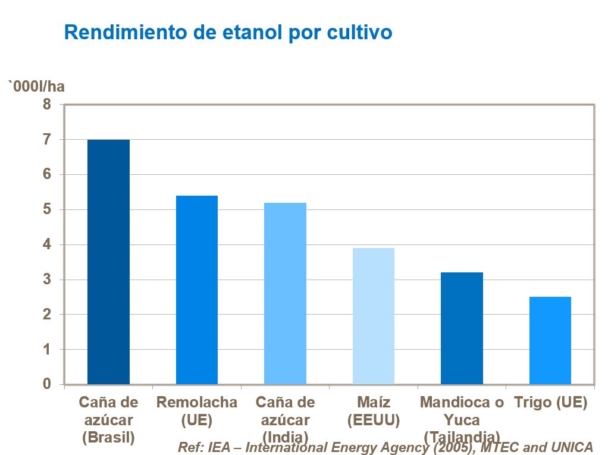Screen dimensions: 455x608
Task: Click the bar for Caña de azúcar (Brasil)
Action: point(108,262)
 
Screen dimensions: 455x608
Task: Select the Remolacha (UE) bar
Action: point(197,290)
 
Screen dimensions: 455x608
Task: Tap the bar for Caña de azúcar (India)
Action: point(285,293)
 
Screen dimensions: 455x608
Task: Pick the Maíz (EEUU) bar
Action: point(374,316)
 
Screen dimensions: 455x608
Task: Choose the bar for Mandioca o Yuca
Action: point(462,328)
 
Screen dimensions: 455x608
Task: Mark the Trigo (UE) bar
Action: point(550,340)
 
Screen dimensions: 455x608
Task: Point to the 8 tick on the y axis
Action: point(47,105)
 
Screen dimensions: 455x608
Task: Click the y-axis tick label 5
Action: point(47,209)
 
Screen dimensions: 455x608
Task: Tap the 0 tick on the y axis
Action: point(47,384)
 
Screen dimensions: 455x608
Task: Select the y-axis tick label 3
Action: point(47,280)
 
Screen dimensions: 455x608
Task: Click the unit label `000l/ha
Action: point(36,87)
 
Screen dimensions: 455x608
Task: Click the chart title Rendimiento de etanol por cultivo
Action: point(228,32)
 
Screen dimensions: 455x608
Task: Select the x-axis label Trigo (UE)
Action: point(550,403)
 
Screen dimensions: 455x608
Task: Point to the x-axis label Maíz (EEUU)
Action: point(374,411)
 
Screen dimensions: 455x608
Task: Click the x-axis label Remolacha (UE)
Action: point(197,411)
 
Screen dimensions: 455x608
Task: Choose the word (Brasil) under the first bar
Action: point(108,437)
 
